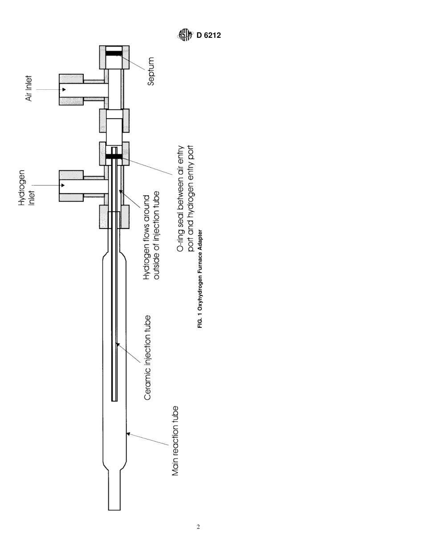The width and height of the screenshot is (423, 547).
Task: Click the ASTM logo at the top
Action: pyautogui.click(x=185, y=35)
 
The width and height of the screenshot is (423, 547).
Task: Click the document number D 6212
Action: pyautogui.click(x=208, y=36)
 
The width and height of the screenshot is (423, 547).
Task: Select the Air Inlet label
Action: pyautogui.click(x=29, y=88)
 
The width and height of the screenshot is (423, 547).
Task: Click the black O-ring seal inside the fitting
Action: pyautogui.click(x=114, y=157)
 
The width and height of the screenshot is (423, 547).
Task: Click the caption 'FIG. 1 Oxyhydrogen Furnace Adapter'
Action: pyautogui.click(x=200, y=279)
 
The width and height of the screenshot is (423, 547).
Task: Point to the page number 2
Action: pyautogui.click(x=198, y=527)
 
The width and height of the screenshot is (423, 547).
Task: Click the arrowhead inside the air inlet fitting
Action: pyautogui.click(x=64, y=90)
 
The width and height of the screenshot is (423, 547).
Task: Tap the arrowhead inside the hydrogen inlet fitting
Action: pyautogui.click(x=63, y=185)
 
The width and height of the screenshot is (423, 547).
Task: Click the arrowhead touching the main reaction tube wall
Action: pyautogui.click(x=128, y=434)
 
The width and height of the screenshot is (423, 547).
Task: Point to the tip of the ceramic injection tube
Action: pyautogui.click(x=114, y=399)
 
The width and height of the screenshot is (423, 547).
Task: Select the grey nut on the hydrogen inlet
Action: pyautogui.click(x=71, y=185)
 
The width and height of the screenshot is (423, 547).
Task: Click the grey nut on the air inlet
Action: pyautogui.click(x=71, y=90)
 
